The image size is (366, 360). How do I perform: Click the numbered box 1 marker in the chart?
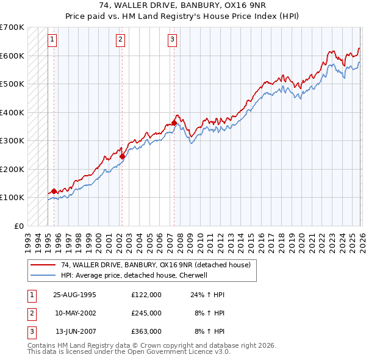pos(52,40)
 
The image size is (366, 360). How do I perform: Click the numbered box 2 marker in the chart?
pos(121,40)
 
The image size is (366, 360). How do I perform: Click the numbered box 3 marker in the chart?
pos(173,40)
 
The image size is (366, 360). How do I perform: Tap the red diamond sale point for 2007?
pos(174,123)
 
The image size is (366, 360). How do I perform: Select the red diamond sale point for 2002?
pos(122,156)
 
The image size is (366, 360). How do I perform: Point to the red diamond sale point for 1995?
pos(54,191)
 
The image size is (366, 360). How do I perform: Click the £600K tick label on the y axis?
pos(12,56)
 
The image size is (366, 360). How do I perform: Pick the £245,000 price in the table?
pos(146,312)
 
